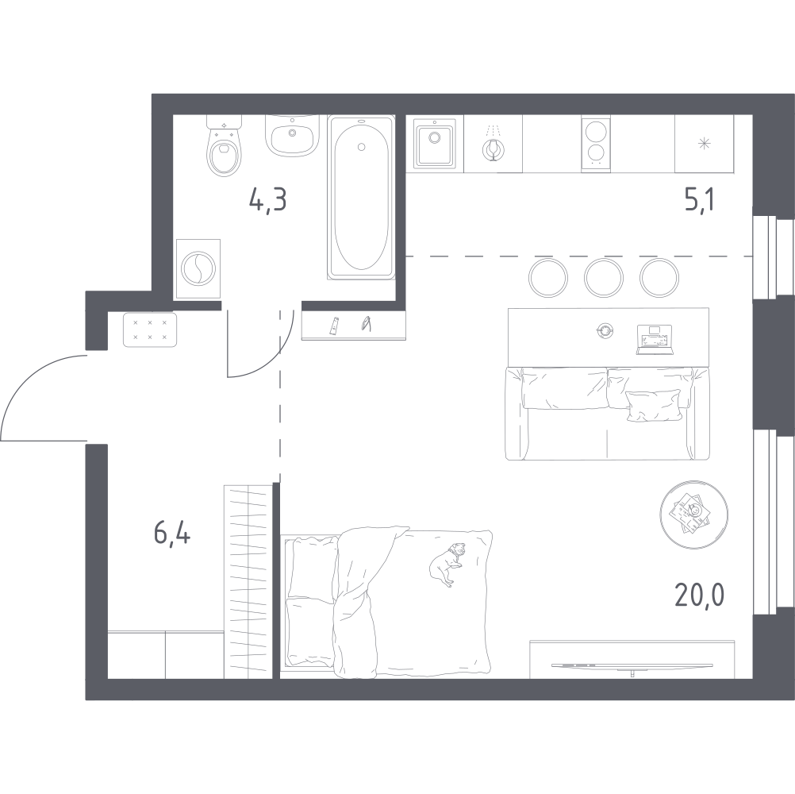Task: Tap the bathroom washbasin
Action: [292, 137]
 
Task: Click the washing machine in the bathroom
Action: [195, 268]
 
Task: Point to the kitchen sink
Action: [433, 144]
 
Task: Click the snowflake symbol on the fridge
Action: [703, 144]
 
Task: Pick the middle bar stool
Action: [601, 276]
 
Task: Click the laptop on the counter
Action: [654, 339]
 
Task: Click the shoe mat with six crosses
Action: [150, 330]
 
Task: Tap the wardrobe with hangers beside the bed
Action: [249, 580]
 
